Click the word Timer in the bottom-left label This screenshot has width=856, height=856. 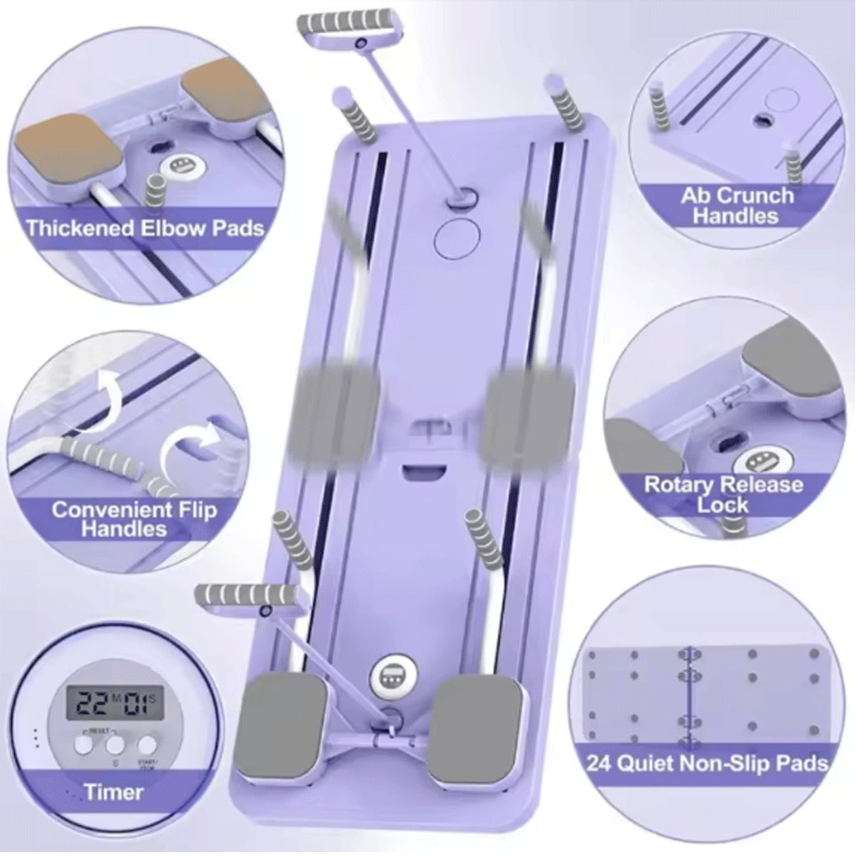pos(114,792)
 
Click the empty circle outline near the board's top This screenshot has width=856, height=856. pos(458,236)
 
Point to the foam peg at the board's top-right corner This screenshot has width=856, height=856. pos(566,102)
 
